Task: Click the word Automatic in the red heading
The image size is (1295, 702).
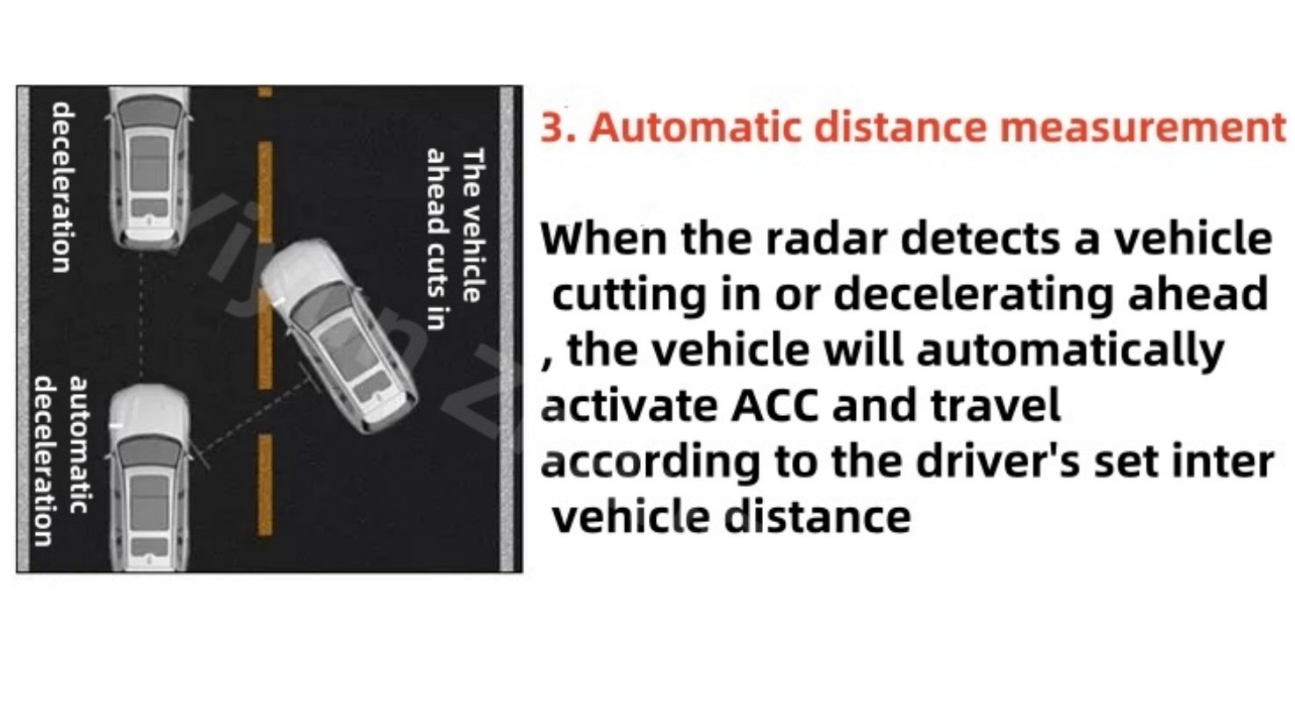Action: click(x=695, y=127)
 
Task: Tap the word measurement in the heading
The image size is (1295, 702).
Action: click(x=1143, y=127)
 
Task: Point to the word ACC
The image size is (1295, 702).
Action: click(x=774, y=405)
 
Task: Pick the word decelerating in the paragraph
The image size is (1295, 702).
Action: click(x=974, y=295)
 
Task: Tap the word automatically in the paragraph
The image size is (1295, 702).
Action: click(x=1070, y=351)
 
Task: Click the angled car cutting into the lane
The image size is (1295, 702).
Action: click(x=339, y=335)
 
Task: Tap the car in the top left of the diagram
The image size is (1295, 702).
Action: click(x=149, y=168)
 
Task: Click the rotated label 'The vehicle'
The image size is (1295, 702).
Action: click(x=472, y=226)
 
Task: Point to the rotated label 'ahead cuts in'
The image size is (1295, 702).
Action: click(x=437, y=240)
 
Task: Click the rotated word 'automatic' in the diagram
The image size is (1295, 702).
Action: click(x=79, y=445)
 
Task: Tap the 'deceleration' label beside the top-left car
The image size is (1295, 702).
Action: click(x=61, y=187)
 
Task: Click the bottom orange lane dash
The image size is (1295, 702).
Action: click(x=265, y=484)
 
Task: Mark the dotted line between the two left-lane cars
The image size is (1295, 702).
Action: click(x=140, y=317)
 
